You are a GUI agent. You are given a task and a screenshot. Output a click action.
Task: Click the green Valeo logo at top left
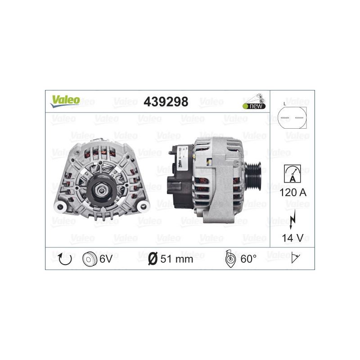pos(65,100)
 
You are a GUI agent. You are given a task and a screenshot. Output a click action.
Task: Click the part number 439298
pos(166,102)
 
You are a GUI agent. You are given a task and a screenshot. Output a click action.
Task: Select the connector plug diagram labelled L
pos(292,118)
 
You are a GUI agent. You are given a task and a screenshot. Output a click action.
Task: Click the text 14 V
pos(292,237)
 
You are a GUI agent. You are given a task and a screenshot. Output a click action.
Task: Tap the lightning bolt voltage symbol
pos(292,217)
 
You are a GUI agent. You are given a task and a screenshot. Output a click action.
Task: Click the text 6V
pos(107,259)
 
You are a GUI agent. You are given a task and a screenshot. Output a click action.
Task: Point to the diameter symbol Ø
pos(153,259)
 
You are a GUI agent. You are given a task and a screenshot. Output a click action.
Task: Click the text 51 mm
pos(177,259)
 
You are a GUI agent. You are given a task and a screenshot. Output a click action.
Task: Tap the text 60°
pos(248,259)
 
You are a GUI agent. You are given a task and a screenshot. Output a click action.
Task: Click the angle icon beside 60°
pos(229,259)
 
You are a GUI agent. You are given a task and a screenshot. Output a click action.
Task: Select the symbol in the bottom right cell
pos(296,258)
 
